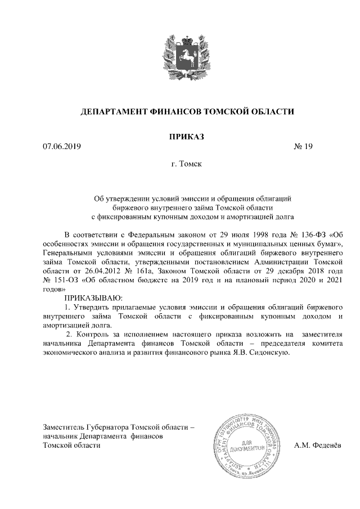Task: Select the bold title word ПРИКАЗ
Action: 186,136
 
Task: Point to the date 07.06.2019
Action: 62,147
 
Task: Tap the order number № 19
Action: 303,147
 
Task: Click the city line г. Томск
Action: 186,165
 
